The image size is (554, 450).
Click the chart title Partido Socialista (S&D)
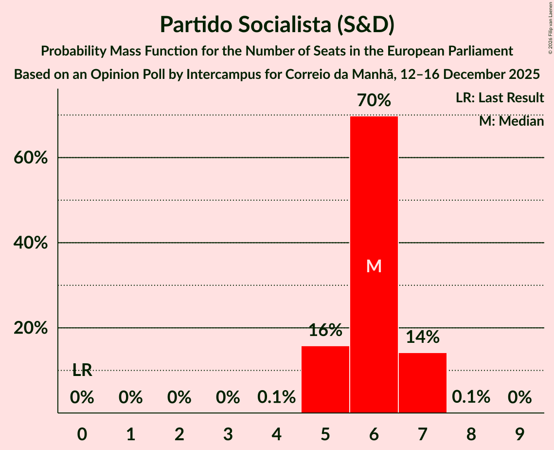277,24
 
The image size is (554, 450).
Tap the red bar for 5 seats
325,379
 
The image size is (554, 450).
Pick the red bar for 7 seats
422,383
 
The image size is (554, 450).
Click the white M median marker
374,266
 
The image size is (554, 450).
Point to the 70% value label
374,101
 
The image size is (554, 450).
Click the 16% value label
325,331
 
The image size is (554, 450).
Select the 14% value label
422,337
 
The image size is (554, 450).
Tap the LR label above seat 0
82,370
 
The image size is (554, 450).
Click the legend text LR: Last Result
500,98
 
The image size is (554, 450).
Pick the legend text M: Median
511,121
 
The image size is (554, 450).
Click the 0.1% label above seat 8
471,397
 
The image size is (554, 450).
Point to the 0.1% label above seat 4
276,397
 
